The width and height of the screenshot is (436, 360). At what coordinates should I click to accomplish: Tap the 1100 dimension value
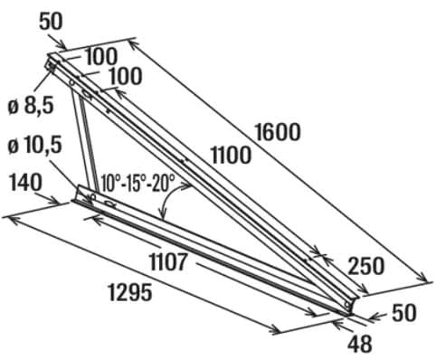pos(231,155)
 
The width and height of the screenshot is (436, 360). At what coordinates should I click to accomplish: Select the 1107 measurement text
pos(166,263)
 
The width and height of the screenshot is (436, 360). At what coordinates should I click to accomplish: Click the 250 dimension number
pos(366,265)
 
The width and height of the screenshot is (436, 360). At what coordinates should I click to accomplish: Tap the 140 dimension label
pos(24,183)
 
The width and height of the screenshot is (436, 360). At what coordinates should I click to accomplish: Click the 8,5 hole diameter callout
pos(38,106)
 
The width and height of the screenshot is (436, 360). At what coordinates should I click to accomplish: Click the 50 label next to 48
pos(403,314)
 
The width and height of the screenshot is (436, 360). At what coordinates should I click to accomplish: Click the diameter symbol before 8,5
pos(14,107)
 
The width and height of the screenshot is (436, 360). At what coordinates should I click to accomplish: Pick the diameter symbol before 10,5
pos(14,146)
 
